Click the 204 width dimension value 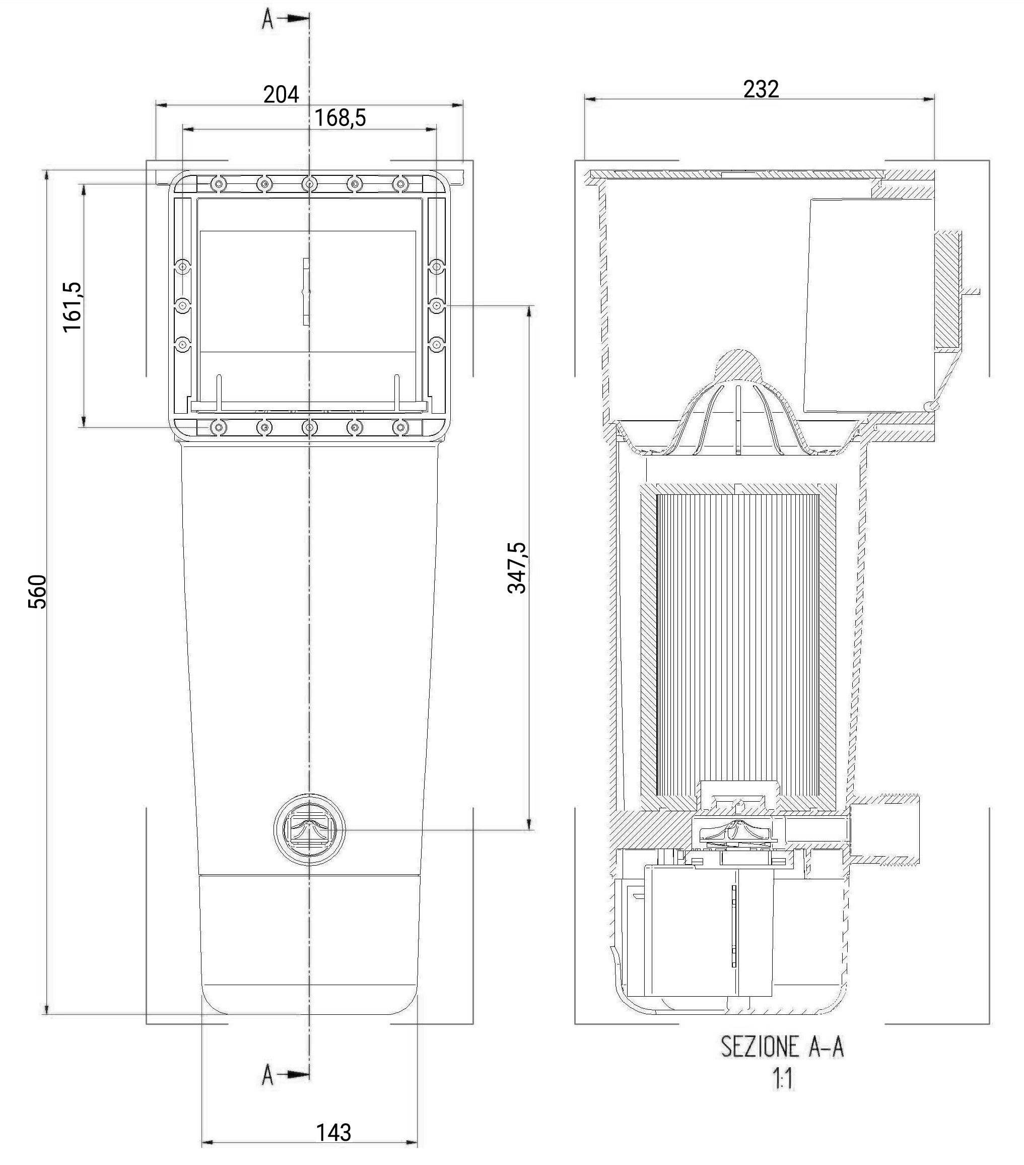coord(281,94)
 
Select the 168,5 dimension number coord(340,118)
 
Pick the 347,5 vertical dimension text coord(517,568)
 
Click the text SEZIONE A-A coord(782,1047)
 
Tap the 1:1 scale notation coord(783,1079)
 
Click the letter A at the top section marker coord(268,19)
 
